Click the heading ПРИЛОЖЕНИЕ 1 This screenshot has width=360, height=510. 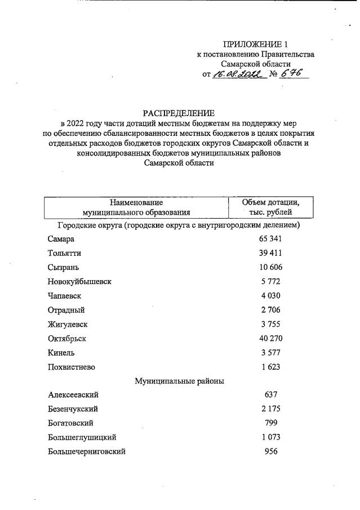[255, 44]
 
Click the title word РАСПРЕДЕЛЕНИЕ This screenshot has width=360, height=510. [179, 113]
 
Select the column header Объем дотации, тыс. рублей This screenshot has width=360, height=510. [270, 207]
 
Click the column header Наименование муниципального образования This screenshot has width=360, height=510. [136, 207]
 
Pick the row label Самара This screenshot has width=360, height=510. [61, 239]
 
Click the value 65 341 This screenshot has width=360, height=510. [270, 239]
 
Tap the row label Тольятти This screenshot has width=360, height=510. [64, 253]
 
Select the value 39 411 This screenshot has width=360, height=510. [270, 253]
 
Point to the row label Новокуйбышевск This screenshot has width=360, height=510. [79, 281]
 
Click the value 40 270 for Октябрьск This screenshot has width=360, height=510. [270, 339]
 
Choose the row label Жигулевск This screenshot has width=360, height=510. [68, 325]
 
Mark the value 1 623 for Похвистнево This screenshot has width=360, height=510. [270, 367]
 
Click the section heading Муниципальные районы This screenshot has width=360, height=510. [179, 381]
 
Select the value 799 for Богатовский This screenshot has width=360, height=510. [270, 423]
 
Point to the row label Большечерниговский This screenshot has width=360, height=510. [86, 451]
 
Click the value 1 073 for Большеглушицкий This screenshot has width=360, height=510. [270, 437]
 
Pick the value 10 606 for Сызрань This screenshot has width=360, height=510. [270, 267]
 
